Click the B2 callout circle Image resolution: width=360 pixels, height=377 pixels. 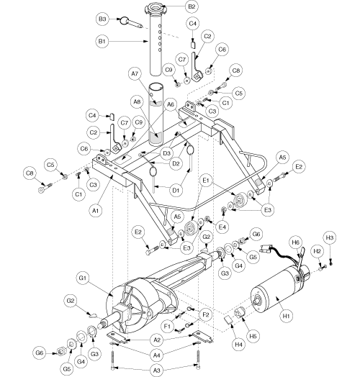tap(192, 6)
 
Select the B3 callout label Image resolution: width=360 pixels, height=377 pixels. tap(102, 19)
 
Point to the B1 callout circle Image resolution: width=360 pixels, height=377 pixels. tap(102, 41)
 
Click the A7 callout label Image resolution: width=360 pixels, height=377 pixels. tap(135, 73)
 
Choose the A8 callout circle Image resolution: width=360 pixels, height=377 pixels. tap(137, 102)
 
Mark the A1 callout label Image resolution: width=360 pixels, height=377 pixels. tap(96, 211)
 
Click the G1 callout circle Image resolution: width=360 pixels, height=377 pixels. tap(83, 278)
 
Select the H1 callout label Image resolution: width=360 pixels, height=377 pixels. tap(287, 316)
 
